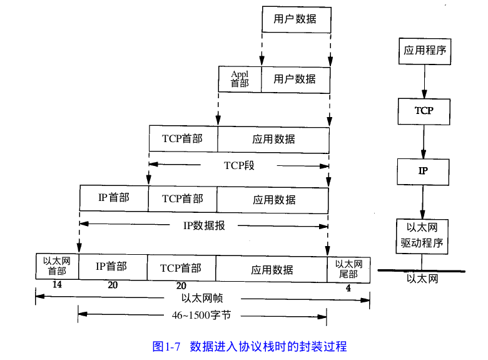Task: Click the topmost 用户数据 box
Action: pyautogui.click(x=295, y=19)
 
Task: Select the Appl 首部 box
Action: pyautogui.click(x=240, y=79)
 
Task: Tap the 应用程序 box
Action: pyautogui.click(x=425, y=50)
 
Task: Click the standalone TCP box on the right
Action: pyautogui.click(x=424, y=111)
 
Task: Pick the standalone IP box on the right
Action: pyautogui.click(x=424, y=170)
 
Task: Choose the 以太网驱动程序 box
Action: pyautogui.click(x=422, y=235)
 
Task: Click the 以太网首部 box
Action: pyautogui.click(x=57, y=266)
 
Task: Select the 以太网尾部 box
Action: pyautogui.click(x=348, y=269)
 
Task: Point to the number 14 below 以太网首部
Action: pyautogui.click(x=57, y=284)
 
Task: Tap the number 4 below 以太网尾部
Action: pyautogui.click(x=348, y=288)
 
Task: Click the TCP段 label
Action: pyautogui.click(x=240, y=166)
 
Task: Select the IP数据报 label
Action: pyautogui.click(x=204, y=225)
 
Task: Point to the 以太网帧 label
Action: pyautogui.click(x=202, y=298)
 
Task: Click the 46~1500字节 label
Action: pyautogui.click(x=201, y=315)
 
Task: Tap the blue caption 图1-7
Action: pyautogui.click(x=166, y=346)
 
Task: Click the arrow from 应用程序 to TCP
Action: pyautogui.click(x=424, y=81)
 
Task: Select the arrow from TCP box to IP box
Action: pyautogui.click(x=424, y=140)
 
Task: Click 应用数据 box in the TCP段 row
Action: pyautogui.click(x=273, y=139)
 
